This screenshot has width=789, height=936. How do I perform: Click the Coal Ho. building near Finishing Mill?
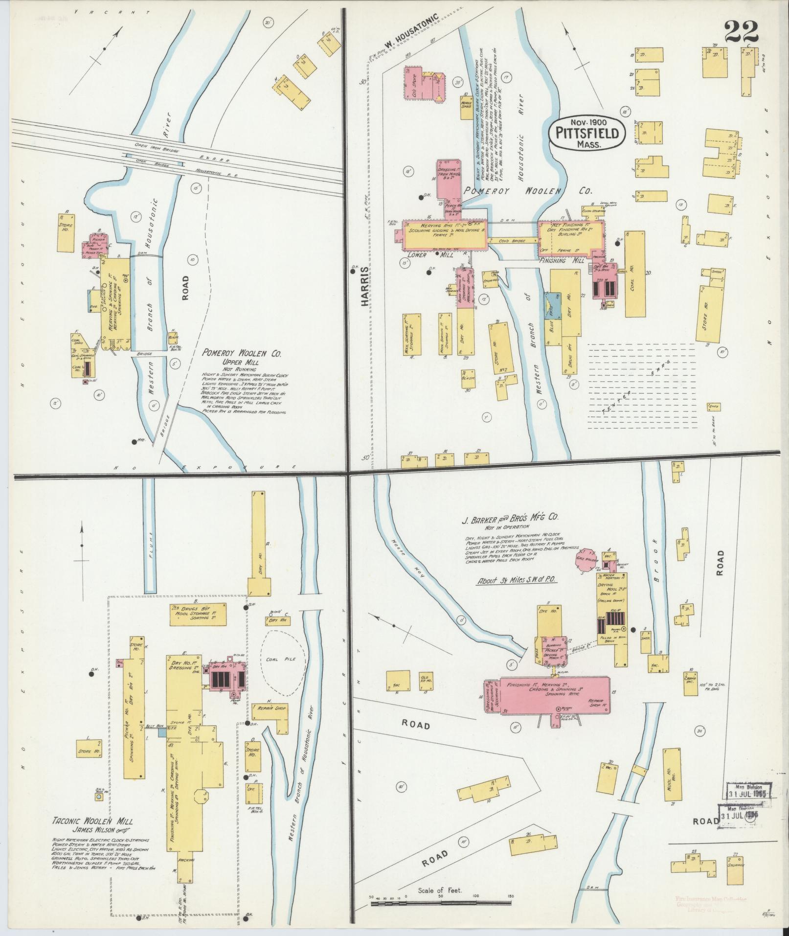(x=634, y=274)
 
